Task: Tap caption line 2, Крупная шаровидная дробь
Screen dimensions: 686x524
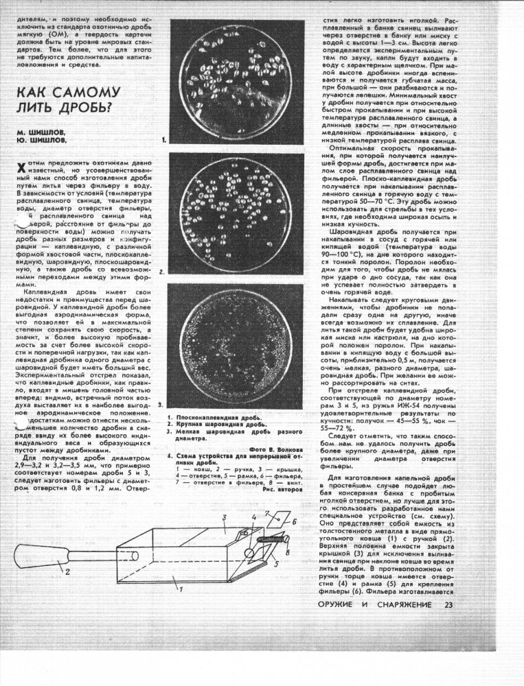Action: point(214,425)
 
